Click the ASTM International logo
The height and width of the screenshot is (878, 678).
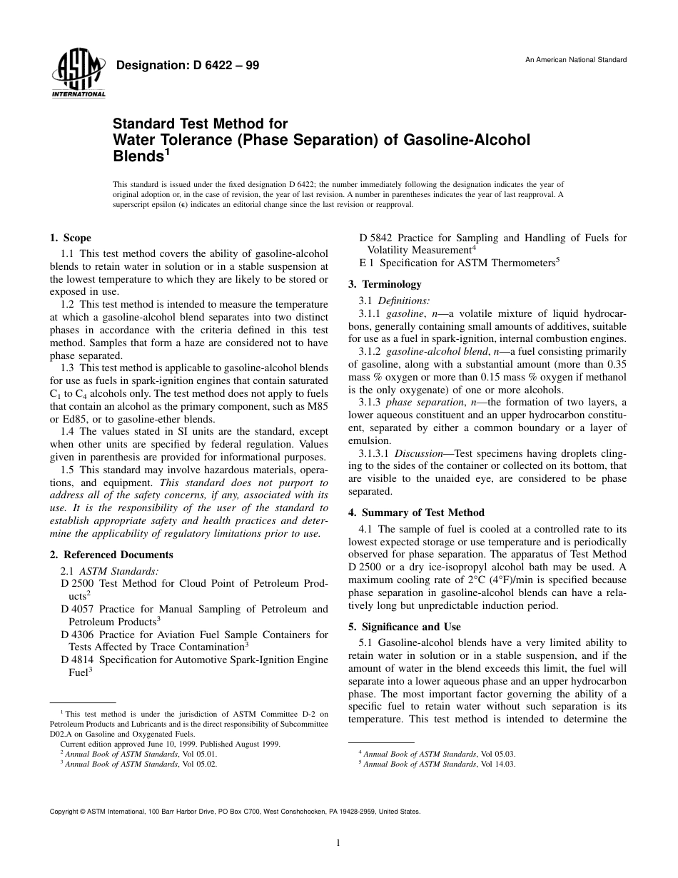(x=79, y=74)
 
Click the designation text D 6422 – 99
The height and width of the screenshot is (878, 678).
(x=187, y=66)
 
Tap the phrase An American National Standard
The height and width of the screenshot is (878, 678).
(x=576, y=60)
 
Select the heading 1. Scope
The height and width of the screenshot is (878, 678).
(x=70, y=238)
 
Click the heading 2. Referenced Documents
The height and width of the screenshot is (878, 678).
(x=111, y=555)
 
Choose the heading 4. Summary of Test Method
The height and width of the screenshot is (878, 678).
(x=416, y=513)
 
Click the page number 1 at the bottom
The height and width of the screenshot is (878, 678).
(x=338, y=843)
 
